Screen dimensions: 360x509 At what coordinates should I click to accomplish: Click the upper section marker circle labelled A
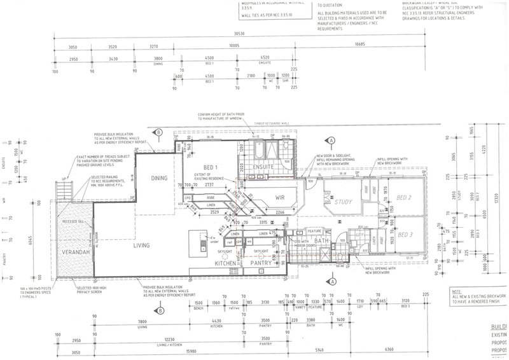[330, 141]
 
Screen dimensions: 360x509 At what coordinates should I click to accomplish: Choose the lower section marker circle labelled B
[160, 310]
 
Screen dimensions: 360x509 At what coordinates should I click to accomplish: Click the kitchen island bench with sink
[203, 240]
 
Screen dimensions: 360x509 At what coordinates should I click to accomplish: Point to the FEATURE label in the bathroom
[313, 231]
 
